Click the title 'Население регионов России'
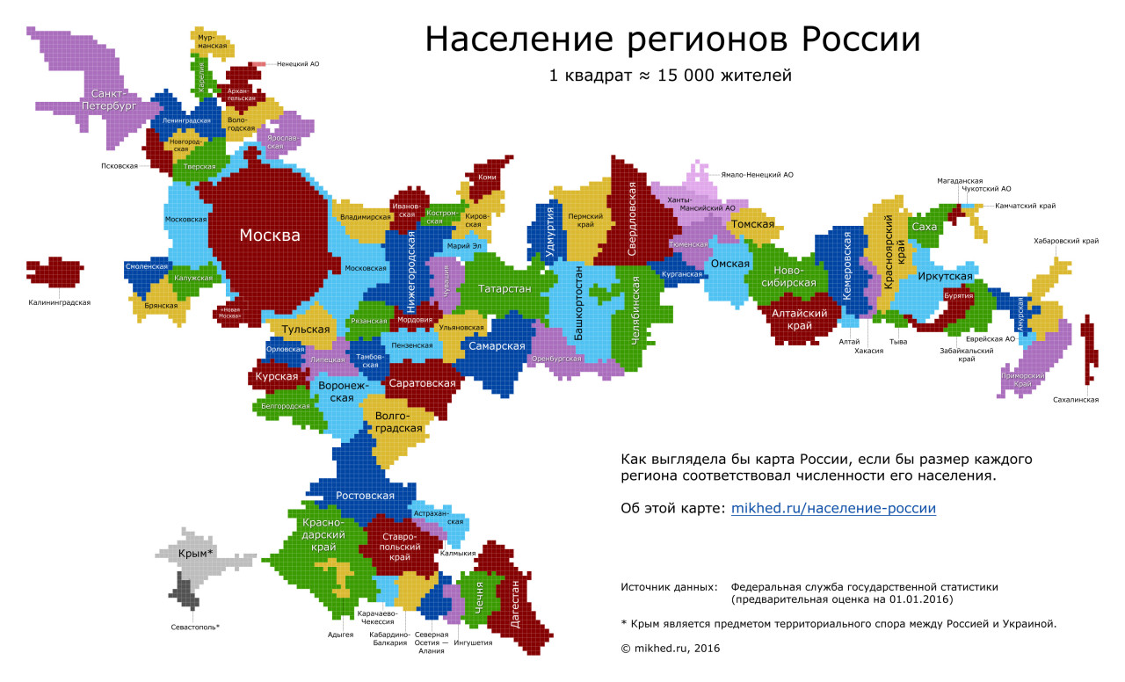coord(673,40)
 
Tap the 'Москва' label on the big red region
coord(270,236)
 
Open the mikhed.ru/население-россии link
coord(833,508)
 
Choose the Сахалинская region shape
coord(1090,347)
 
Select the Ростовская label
coord(364,496)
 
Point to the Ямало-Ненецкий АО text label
coord(757,175)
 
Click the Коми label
coord(486,177)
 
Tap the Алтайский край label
coord(800,319)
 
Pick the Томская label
coord(752,224)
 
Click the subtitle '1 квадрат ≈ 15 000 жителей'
coord(671,76)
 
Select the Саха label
coord(925,227)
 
